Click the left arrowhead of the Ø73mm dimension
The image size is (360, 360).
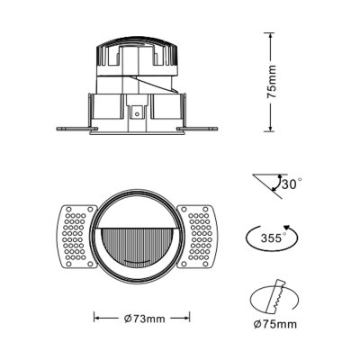tap(95, 318)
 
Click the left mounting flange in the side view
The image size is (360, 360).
tap(71, 126)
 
